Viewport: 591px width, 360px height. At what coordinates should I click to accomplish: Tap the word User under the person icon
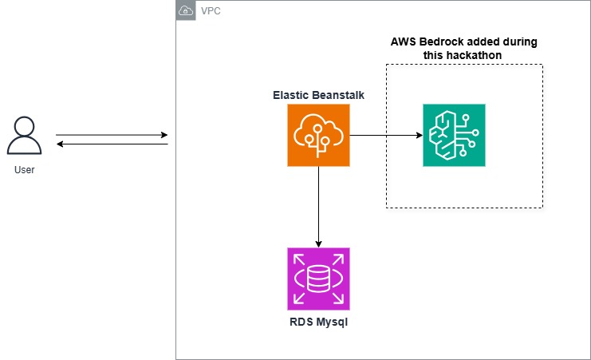(x=25, y=169)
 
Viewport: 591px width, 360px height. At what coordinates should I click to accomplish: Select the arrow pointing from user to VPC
(x=112, y=135)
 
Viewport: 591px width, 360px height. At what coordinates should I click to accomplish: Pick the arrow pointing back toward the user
(x=112, y=144)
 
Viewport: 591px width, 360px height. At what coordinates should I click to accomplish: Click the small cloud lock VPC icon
(x=185, y=10)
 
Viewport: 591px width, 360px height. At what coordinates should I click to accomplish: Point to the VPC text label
(x=211, y=11)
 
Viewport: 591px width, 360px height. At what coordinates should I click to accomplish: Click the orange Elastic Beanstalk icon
(x=318, y=135)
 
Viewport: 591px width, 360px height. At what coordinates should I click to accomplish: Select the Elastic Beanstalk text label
(x=318, y=94)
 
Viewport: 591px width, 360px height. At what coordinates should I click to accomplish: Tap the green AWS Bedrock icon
(x=454, y=135)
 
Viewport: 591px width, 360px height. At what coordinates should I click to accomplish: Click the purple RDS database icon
(x=318, y=278)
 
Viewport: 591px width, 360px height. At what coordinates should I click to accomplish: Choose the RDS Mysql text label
(x=318, y=322)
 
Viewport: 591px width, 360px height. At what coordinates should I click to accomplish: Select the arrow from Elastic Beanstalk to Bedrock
(x=386, y=135)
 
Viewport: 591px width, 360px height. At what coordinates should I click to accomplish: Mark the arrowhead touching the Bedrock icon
(x=419, y=135)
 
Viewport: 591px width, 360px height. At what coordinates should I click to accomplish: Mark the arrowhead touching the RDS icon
(x=318, y=243)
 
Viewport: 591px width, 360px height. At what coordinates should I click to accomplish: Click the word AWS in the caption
(x=405, y=42)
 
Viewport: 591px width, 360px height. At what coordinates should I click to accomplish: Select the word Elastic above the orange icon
(x=291, y=94)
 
